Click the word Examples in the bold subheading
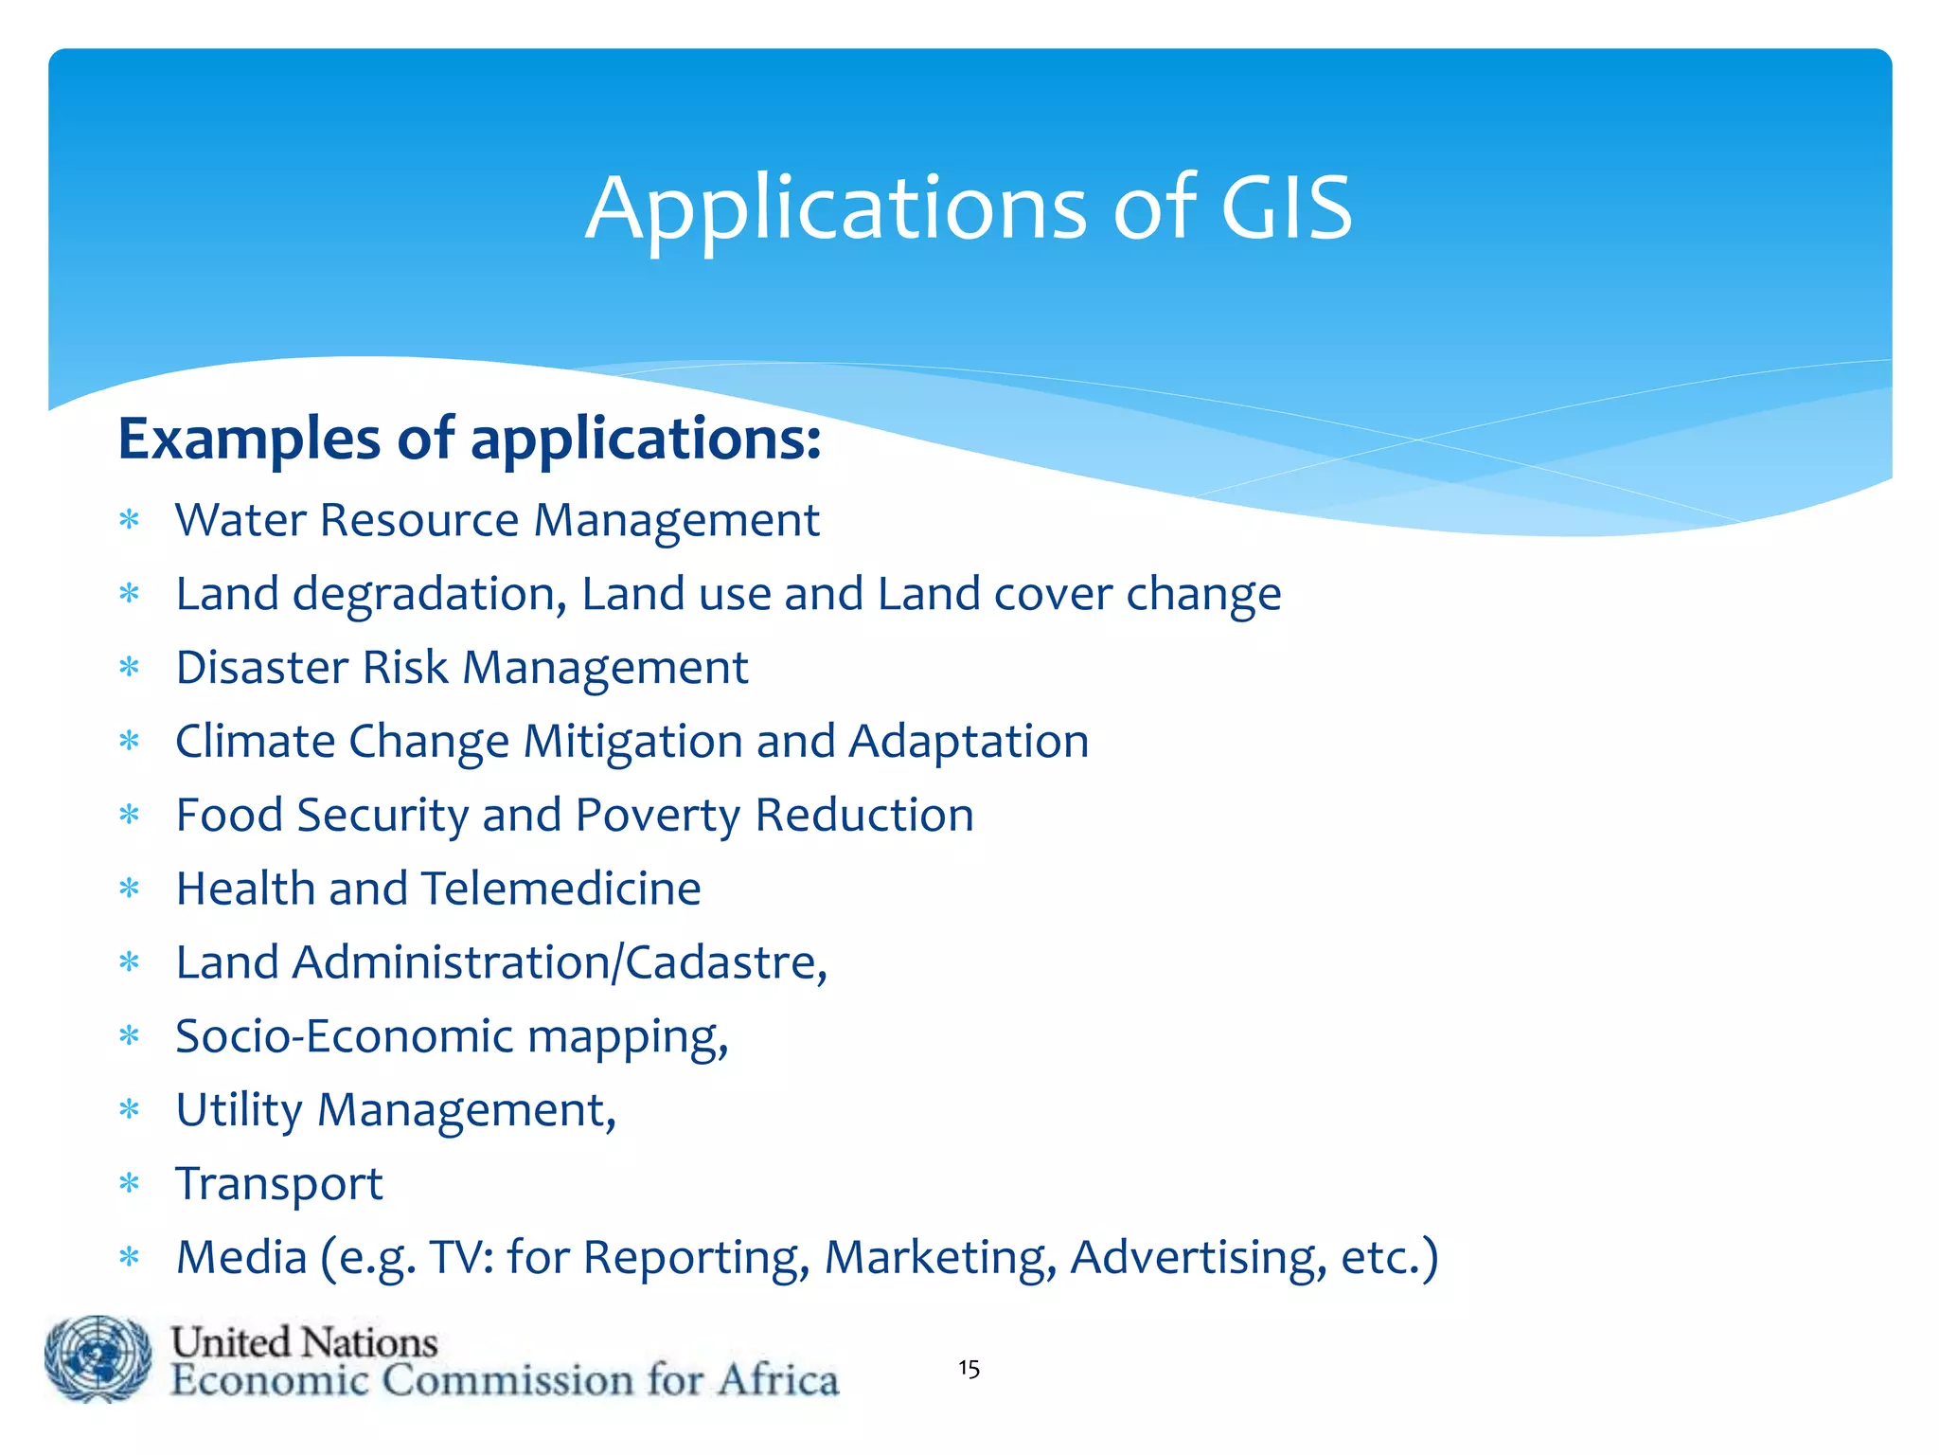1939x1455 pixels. (x=248, y=440)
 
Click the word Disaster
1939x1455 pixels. (x=262, y=668)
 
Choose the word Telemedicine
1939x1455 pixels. (x=560, y=889)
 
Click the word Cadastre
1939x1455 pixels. (x=720, y=962)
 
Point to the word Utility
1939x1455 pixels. (x=239, y=1111)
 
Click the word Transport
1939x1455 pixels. (x=279, y=1184)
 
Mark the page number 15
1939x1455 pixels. (x=969, y=1369)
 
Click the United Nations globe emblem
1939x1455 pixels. (x=98, y=1359)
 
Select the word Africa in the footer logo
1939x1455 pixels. (x=777, y=1379)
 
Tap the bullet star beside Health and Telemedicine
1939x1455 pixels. (x=130, y=889)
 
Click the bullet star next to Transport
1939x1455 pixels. (x=130, y=1183)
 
